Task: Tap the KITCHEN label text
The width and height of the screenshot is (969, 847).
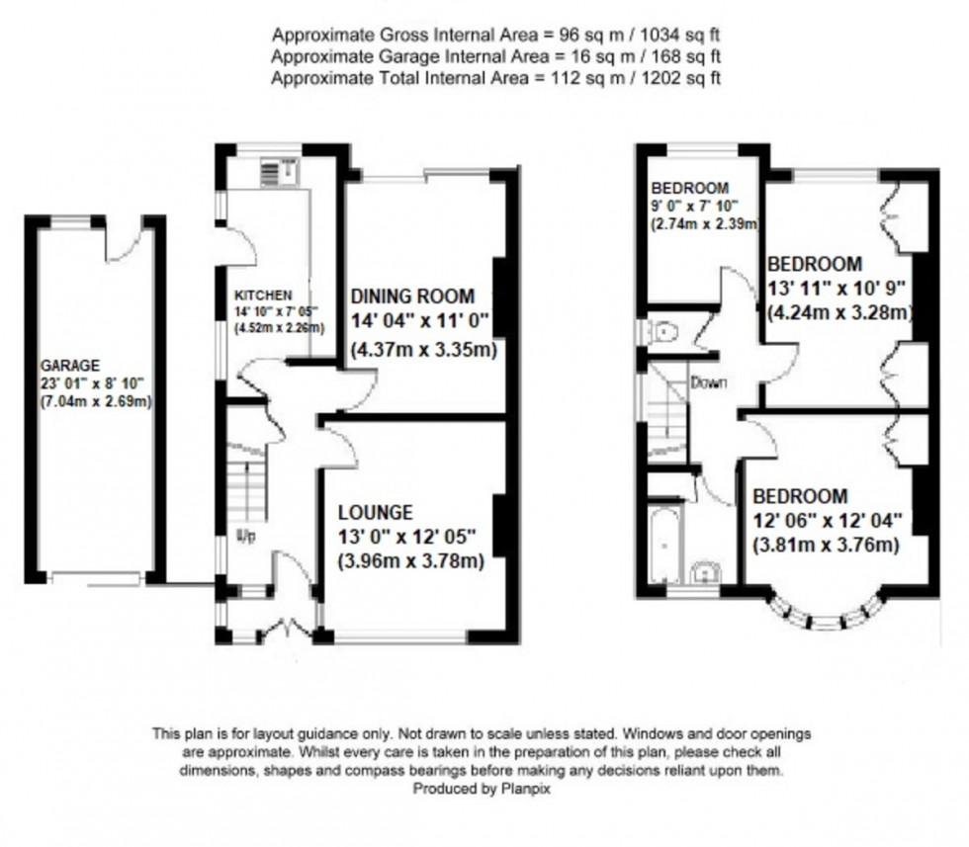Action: pos(263,296)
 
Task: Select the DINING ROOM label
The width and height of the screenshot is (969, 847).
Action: pos(412,296)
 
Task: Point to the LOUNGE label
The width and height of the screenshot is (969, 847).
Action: pos(375,512)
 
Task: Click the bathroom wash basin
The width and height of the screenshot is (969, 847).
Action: pos(706,572)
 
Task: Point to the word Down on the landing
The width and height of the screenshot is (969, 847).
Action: pos(709,382)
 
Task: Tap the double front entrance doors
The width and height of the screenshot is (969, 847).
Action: pos(286,626)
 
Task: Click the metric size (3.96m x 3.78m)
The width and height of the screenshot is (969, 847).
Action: pos(410,562)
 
